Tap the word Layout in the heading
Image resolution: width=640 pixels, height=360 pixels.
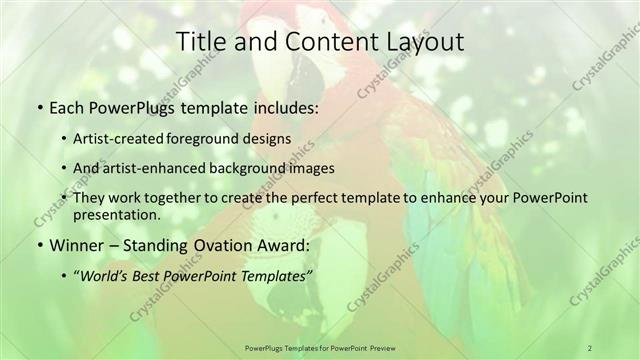click(421, 42)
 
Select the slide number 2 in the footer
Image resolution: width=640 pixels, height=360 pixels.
click(590, 347)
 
